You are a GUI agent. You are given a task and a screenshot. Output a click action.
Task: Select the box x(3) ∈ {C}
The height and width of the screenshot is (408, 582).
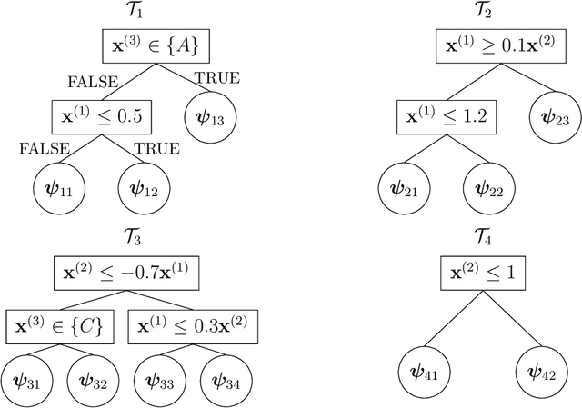pyautogui.click(x=58, y=325)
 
